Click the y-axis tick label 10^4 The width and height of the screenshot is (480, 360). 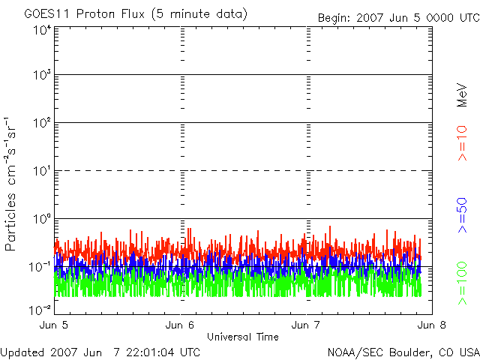pyautogui.click(x=42, y=30)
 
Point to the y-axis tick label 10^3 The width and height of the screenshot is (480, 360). pyautogui.click(x=42, y=75)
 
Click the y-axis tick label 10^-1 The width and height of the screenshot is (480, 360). pyautogui.click(x=40, y=266)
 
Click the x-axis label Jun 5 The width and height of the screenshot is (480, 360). pyautogui.click(x=55, y=326)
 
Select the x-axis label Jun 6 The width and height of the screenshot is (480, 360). pyautogui.click(x=181, y=326)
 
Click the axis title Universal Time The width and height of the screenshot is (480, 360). pyautogui.click(x=243, y=337)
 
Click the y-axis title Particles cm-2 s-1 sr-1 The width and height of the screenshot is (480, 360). pyautogui.click(x=11, y=184)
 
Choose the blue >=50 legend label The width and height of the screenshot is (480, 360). pyautogui.click(x=462, y=214)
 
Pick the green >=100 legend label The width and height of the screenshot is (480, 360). pyautogui.click(x=462, y=283)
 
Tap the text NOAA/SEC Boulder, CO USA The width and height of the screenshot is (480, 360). pyautogui.click(x=403, y=352)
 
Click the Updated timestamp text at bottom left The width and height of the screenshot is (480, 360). pyautogui.click(x=100, y=352)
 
